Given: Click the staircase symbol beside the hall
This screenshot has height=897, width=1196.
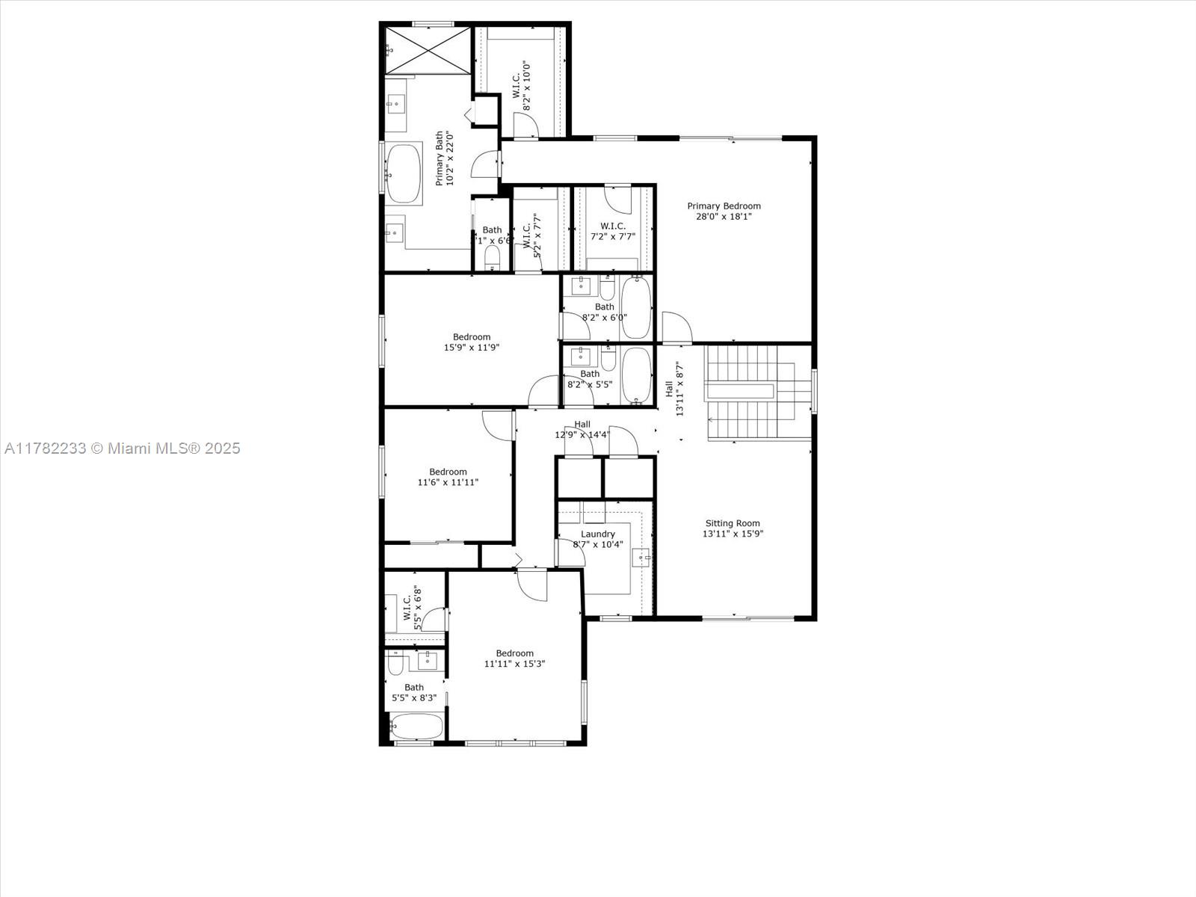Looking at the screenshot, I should coord(756,392).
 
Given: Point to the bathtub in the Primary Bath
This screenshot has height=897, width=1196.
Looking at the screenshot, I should coord(404,174).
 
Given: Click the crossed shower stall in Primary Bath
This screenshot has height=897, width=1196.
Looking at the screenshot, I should coord(429,50).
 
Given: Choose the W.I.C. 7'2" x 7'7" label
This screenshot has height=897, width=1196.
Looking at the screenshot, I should coord(612,231).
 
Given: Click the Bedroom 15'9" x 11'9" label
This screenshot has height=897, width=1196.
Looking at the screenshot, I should coord(472,342).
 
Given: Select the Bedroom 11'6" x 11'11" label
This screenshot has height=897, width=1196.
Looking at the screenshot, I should coord(448,477).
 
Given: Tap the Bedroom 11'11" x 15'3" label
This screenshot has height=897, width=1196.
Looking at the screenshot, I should coord(514,658).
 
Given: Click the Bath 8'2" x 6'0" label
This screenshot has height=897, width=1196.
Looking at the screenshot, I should coord(605,312).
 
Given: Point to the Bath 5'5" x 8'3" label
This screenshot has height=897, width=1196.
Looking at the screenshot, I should coord(414,692).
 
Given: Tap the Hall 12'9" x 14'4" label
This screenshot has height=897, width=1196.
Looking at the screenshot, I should coord(582,429).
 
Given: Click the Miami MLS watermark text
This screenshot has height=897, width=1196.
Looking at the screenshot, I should coord(122,449).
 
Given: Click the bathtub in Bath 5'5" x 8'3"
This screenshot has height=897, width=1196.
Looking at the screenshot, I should coord(416,727).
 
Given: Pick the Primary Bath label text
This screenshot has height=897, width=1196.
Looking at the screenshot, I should coord(444,158).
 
